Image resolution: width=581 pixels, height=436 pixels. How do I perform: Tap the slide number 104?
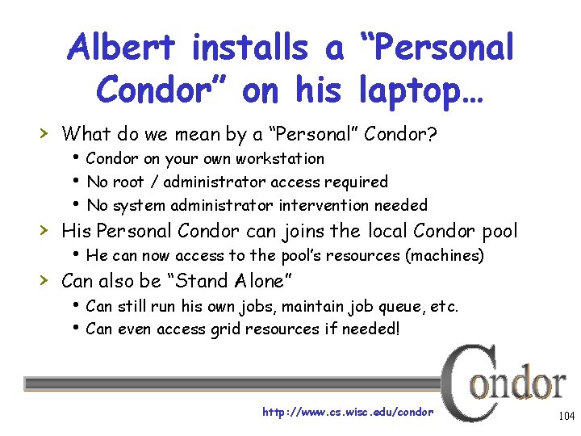click(x=565, y=416)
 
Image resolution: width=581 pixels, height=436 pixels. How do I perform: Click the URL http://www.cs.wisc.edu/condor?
click(x=348, y=412)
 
